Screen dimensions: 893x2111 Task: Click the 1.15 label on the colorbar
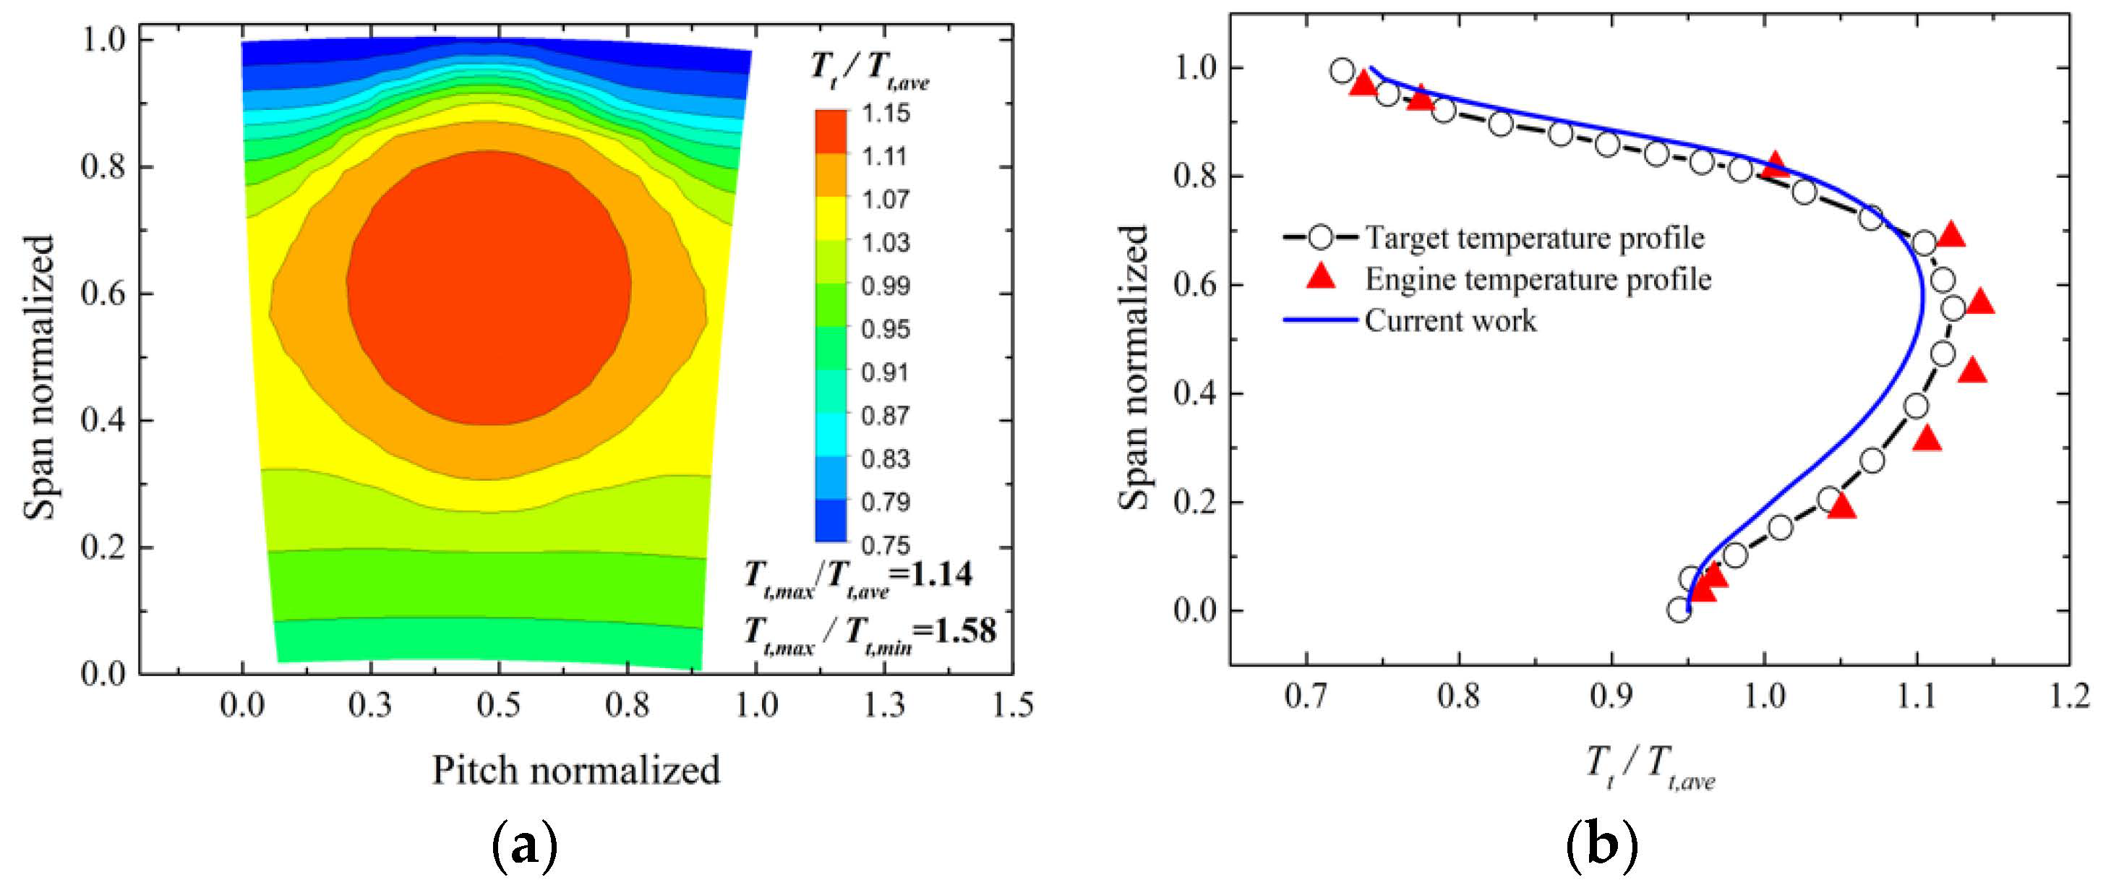click(885, 113)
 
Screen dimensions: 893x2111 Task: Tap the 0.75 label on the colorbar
click(885, 544)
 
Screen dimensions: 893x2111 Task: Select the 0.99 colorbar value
click(885, 286)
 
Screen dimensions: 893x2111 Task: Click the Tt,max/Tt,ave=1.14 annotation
click(858, 576)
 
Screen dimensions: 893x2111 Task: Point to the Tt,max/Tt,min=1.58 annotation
click(870, 633)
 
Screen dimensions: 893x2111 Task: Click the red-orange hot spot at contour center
click(489, 289)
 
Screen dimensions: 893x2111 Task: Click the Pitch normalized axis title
click(576, 771)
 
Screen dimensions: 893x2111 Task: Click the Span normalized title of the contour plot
click(38, 377)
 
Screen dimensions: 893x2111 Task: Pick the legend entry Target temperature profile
click(1534, 238)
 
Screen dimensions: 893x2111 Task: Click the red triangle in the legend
click(1320, 278)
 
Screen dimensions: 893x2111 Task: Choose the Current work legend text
click(1450, 320)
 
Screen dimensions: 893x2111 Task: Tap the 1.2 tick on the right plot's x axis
click(2068, 696)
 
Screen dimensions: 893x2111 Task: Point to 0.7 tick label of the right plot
click(1306, 696)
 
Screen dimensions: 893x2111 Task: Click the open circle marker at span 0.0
click(1679, 610)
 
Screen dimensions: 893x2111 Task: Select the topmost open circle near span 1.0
click(1342, 70)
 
